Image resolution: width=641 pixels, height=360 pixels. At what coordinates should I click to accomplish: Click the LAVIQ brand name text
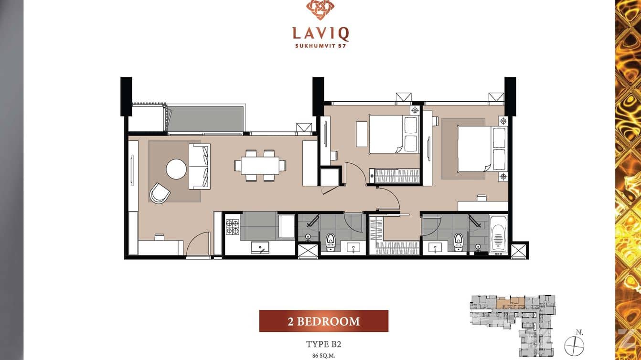pyautogui.click(x=320, y=33)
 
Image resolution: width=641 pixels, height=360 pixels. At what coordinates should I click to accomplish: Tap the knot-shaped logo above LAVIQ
pyautogui.click(x=320, y=10)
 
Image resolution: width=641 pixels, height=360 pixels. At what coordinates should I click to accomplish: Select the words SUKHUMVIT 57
pyautogui.click(x=320, y=45)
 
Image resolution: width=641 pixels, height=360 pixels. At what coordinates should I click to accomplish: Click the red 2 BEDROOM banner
pyautogui.click(x=324, y=321)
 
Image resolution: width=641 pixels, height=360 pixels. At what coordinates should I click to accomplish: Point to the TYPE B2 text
pyautogui.click(x=323, y=344)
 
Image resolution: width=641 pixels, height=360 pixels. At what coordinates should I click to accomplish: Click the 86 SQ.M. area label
pyautogui.click(x=324, y=356)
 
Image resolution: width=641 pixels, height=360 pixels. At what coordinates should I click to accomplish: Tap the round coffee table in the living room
pyautogui.click(x=176, y=169)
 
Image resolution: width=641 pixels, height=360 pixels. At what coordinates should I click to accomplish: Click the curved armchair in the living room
pyautogui.click(x=160, y=193)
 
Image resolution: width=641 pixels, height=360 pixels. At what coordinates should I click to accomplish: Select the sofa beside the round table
pyautogui.click(x=200, y=167)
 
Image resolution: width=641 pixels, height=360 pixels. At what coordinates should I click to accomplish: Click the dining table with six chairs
pyautogui.click(x=260, y=166)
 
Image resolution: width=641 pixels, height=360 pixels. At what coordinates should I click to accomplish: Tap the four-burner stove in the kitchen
pyautogui.click(x=232, y=227)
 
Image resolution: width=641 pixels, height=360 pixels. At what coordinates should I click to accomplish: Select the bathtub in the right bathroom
pyautogui.click(x=498, y=234)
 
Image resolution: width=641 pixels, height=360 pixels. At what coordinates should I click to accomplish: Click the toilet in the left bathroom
pyautogui.click(x=331, y=242)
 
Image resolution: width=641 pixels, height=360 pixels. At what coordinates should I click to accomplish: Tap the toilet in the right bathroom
pyautogui.click(x=459, y=242)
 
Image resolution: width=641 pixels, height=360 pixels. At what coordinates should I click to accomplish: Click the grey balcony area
pyautogui.click(x=205, y=119)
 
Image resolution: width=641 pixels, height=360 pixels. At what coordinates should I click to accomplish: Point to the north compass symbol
pyautogui.click(x=574, y=345)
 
